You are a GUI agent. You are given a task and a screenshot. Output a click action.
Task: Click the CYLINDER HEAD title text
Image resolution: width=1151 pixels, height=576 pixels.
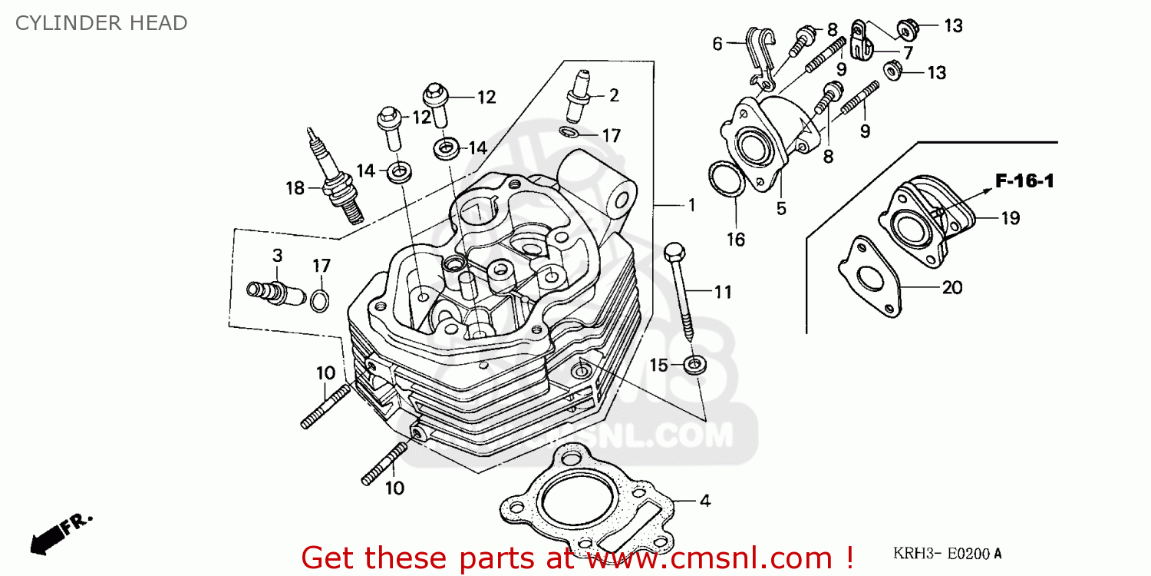(101, 23)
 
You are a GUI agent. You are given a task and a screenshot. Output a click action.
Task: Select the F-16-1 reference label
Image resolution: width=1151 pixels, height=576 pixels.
(1024, 181)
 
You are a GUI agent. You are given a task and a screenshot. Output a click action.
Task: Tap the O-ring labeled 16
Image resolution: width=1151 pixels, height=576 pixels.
(724, 180)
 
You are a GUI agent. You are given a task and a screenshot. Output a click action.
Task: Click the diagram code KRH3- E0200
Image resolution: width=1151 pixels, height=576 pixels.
(947, 553)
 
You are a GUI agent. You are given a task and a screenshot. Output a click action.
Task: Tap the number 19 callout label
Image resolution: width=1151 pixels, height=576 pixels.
(1010, 218)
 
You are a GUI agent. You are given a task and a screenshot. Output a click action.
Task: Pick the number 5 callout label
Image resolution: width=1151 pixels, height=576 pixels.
(781, 208)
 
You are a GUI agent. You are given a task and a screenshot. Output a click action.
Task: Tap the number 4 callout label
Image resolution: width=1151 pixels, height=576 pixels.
(704, 501)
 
